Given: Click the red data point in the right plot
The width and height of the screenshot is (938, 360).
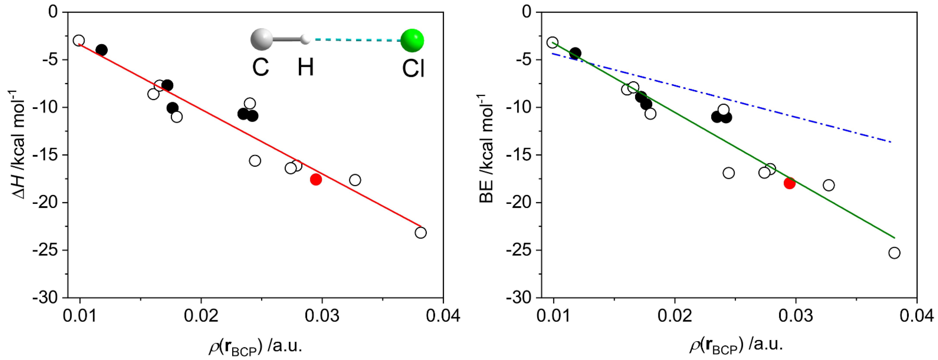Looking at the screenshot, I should (x=789, y=183).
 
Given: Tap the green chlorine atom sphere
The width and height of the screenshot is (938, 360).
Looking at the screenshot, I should (x=412, y=40).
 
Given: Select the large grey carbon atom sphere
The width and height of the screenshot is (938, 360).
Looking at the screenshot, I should (x=261, y=39).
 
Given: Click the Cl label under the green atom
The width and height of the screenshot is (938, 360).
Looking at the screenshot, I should (x=413, y=68).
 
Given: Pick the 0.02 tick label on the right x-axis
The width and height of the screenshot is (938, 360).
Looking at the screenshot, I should (x=675, y=316).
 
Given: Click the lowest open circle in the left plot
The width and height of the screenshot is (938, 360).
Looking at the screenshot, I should (x=421, y=233).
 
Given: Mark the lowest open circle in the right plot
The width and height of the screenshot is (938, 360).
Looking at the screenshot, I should (x=894, y=253).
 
